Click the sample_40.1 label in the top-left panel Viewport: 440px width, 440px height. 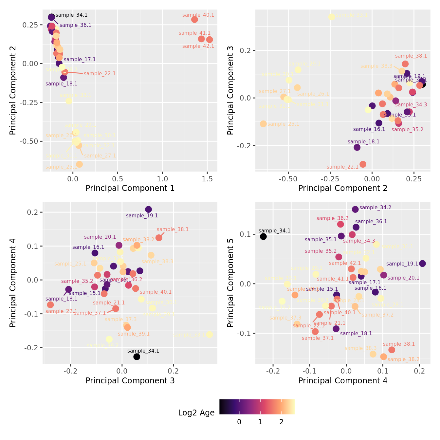[198, 15]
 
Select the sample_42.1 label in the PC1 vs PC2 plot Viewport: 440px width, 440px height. [198, 46]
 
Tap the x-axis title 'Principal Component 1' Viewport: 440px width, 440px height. [130, 188]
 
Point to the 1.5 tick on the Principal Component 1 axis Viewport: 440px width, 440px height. [207, 179]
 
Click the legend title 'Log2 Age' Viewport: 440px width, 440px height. [196, 413]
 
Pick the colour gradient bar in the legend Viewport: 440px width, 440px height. [257, 407]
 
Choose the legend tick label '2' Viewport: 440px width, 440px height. [281, 422]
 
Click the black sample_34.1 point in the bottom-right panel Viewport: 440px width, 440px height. [263, 237]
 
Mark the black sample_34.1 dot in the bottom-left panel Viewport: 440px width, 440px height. [137, 357]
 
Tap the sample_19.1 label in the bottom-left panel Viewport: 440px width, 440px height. [142, 216]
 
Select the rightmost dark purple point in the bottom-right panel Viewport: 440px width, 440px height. [422, 264]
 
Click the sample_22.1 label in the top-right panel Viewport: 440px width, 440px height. [342, 167]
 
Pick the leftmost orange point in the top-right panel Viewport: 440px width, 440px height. [263, 124]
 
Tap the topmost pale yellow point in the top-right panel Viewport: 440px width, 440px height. [332, 17]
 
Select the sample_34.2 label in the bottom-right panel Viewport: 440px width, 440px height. [375, 208]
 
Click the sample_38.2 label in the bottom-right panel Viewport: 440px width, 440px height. [403, 359]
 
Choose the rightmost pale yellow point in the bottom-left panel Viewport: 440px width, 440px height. [210, 335]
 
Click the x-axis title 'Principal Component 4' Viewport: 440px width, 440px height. [343, 381]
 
